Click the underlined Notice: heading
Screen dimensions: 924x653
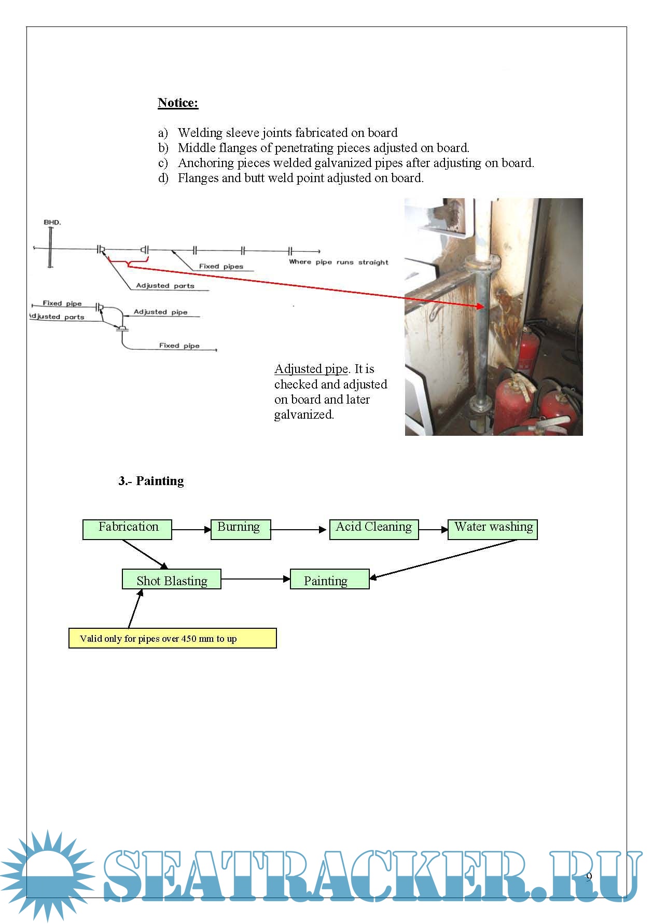[x=178, y=103]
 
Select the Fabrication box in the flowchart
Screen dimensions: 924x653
[x=127, y=529]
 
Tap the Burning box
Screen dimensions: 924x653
[x=241, y=529]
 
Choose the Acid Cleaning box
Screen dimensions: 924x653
[x=374, y=529]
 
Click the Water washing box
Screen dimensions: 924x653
[x=492, y=529]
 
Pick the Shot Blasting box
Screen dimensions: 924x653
[x=172, y=579]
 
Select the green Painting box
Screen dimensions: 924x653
[x=329, y=579]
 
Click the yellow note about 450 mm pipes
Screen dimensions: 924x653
[x=172, y=638]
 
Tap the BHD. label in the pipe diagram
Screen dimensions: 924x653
[x=52, y=222]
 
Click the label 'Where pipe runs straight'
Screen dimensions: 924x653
[x=338, y=262]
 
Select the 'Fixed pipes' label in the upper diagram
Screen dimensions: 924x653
[x=221, y=266]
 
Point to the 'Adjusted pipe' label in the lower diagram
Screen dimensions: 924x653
[x=160, y=312]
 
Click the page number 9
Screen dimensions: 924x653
[x=589, y=877]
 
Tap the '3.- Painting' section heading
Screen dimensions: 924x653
[x=151, y=481]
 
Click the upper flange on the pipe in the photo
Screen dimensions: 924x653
[x=482, y=263]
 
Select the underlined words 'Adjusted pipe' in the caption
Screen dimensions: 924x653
[x=311, y=369]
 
